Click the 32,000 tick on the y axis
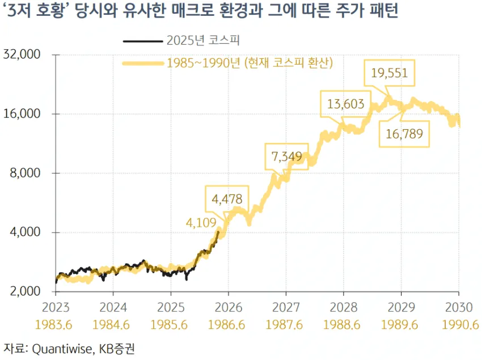coord(24,55)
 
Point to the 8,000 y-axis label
coord(27,173)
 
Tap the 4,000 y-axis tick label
coord(27,232)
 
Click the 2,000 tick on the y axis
coord(27,291)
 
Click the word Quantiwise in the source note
coord(59,348)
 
